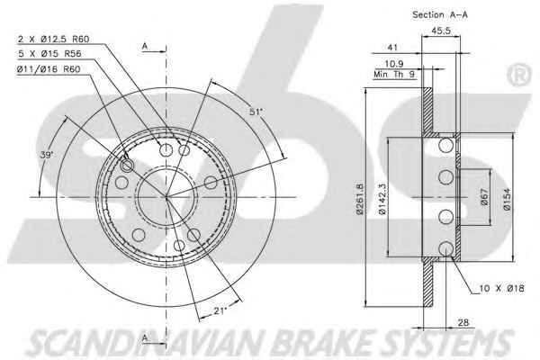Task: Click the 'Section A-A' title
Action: coord(440,14)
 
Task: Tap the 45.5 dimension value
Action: coord(441,31)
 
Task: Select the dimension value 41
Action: coord(392,48)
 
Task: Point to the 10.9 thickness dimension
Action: coord(394,64)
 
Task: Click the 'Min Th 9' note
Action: coord(395,75)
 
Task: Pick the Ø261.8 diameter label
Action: coord(360,199)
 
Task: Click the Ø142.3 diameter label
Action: coord(382,199)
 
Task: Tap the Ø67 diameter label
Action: coord(484,197)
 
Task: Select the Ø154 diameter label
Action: coord(507,199)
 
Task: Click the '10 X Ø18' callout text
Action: coord(502,288)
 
